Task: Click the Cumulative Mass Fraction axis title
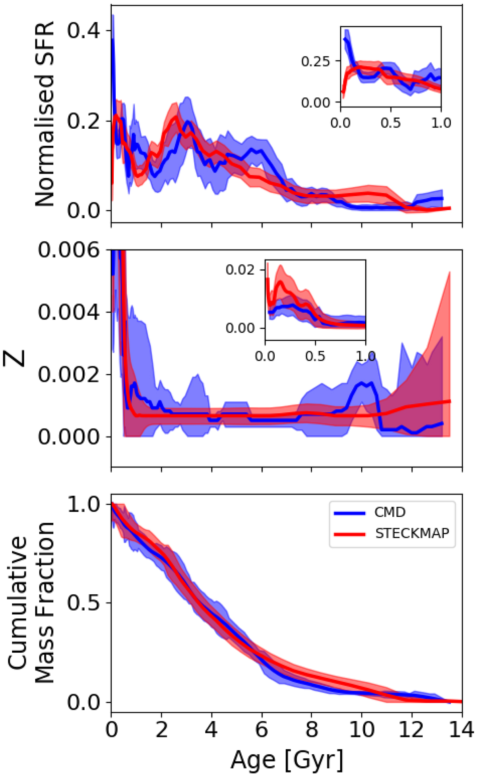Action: (32, 603)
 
